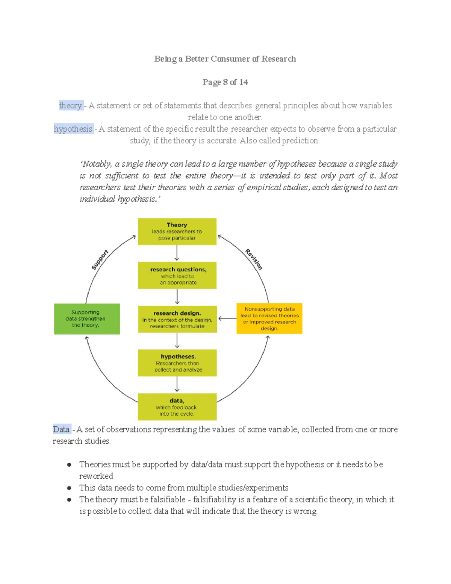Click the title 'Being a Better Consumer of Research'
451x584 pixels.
coord(225,59)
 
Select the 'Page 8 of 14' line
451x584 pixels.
coord(225,82)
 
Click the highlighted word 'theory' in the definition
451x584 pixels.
coord(70,105)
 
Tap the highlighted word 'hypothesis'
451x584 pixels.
coord(73,129)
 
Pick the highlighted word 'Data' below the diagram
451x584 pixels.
coord(61,429)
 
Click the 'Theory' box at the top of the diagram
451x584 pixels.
coord(177,231)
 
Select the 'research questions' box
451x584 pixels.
coord(177,275)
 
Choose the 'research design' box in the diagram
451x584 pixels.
coord(177,319)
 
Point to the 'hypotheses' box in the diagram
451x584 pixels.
coord(177,363)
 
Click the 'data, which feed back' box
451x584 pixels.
coord(177,407)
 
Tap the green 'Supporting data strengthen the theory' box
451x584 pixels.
coord(87,319)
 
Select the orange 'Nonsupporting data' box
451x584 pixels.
coord(269,319)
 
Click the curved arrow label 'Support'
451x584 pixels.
coord(100,259)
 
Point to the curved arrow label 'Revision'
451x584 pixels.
coord(254,259)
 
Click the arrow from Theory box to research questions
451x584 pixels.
coord(177,253)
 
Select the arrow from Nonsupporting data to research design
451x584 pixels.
coord(227,319)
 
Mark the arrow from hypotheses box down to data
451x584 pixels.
coord(177,384)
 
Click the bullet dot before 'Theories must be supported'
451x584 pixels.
coord(69,464)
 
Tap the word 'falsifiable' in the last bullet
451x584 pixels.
coord(168,499)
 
